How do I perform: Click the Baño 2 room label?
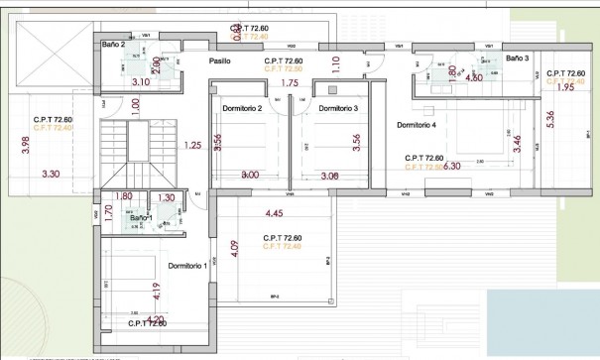point(115,45)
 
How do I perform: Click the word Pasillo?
point(220,61)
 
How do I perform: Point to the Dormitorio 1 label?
point(187,265)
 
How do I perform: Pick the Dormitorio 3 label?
point(338,107)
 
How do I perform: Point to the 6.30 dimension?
point(453,167)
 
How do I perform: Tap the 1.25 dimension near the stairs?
point(193,146)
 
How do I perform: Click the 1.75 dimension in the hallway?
point(290,83)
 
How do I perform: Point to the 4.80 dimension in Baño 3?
point(474,76)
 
